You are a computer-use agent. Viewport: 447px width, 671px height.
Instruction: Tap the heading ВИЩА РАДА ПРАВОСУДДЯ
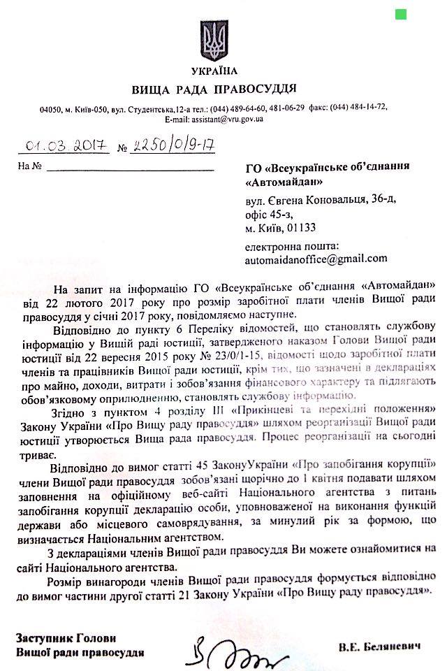pyautogui.click(x=214, y=89)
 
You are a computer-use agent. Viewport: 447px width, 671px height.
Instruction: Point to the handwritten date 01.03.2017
pyautogui.click(x=64, y=146)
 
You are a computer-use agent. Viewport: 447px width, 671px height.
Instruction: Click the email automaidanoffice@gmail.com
pyautogui.click(x=316, y=259)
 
